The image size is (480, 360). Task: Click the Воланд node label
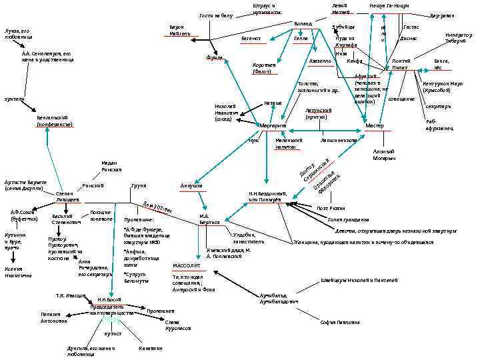303,24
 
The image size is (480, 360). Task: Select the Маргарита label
273,125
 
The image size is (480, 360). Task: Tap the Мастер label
375,126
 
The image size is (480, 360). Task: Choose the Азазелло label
321,61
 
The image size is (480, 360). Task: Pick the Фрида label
214,59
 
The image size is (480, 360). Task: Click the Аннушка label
191,185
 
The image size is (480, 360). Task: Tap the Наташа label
273,103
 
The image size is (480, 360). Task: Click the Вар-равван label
442,15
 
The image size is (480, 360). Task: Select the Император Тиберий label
458,39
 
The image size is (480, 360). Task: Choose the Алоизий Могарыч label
384,155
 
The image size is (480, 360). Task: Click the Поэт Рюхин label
331,208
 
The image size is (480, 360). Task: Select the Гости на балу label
216,15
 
